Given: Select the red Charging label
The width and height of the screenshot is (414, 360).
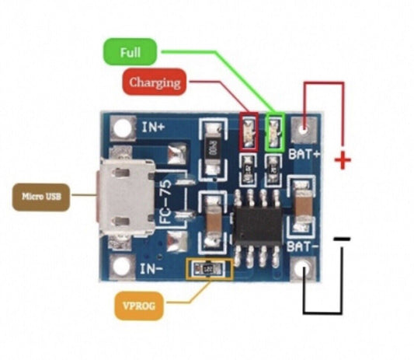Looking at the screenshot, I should pyautogui.click(x=155, y=82).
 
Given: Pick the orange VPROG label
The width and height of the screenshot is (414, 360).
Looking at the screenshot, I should pyautogui.click(x=138, y=306).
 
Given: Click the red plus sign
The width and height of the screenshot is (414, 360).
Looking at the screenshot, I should pyautogui.click(x=342, y=161).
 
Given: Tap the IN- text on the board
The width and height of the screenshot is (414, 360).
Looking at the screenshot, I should pyautogui.click(x=151, y=270).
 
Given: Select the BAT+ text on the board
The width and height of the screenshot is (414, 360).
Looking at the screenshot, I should pyautogui.click(x=304, y=153).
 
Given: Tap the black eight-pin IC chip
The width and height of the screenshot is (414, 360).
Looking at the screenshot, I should pyautogui.click(x=259, y=223).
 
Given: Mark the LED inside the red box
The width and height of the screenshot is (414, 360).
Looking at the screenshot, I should pyautogui.click(x=249, y=131).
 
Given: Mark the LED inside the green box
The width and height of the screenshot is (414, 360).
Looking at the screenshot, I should pyautogui.click(x=274, y=131).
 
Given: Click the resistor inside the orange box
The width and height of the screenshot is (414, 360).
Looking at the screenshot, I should pyautogui.click(x=209, y=269).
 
